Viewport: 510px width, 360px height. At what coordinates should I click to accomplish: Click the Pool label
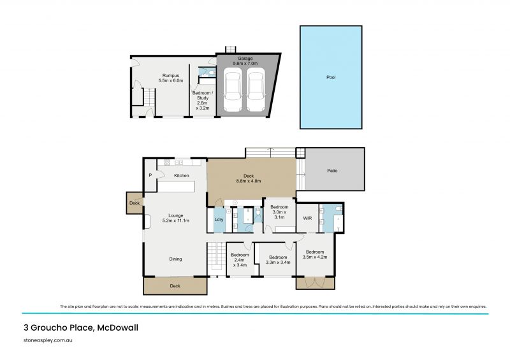(330, 77)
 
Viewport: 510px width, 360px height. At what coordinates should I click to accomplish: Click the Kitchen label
(181, 175)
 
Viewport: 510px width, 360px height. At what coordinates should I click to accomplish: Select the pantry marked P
(150, 175)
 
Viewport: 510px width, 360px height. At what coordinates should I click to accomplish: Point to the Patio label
(332, 171)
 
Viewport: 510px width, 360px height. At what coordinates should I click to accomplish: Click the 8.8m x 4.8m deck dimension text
(249, 181)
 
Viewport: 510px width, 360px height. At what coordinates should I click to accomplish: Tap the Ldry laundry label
(218, 221)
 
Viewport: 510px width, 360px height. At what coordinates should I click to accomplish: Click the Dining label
(175, 259)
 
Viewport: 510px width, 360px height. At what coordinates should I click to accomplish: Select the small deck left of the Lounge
(135, 203)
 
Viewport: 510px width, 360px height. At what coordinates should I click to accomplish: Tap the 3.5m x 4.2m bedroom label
(315, 255)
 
